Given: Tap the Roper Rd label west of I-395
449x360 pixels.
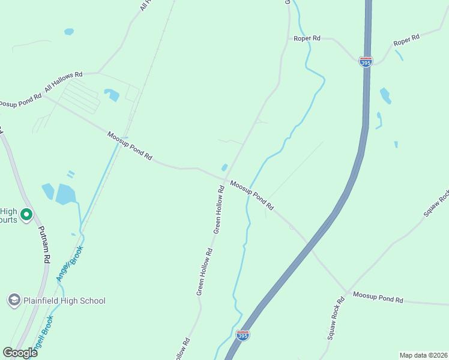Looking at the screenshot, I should (307, 38).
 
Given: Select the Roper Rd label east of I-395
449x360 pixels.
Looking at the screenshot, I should (406, 41).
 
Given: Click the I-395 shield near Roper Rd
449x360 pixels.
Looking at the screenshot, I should (366, 62).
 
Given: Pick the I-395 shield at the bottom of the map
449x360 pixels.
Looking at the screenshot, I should (243, 335).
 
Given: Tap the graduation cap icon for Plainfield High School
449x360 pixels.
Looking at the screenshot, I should (14, 299).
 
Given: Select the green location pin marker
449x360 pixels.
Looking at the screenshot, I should (26, 214).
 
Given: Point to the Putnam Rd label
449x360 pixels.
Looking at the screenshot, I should (43, 245).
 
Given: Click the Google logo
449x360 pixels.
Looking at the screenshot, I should (20, 352).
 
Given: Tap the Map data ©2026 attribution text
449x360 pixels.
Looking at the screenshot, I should (423, 355).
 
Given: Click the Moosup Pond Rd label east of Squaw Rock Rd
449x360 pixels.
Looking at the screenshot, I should (378, 296).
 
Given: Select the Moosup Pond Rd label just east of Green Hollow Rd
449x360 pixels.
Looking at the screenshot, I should (252, 196).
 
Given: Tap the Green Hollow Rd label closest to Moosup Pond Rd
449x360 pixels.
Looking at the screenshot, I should (218, 209).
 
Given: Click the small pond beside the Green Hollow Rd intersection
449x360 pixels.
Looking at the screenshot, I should (224, 168).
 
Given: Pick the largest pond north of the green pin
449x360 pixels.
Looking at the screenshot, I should (65, 194).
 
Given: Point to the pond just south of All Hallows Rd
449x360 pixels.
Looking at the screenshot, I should (112, 94).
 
